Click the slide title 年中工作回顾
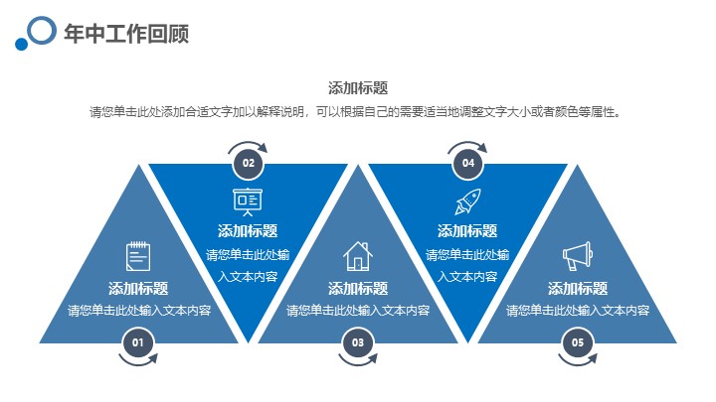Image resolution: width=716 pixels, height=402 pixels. point(126,34)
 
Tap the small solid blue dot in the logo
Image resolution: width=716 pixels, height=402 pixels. point(22,44)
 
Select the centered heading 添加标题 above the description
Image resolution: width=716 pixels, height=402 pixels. point(358,88)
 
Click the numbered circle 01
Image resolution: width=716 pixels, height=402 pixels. point(138,342)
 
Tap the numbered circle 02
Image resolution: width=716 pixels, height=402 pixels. point(249,163)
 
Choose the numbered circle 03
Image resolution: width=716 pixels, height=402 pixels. point(358,342)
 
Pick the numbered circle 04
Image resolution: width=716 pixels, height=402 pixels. point(468,163)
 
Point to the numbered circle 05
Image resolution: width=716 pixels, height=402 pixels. point(578,342)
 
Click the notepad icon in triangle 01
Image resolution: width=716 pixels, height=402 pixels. point(138,256)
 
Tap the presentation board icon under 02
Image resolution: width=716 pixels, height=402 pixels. point(248,201)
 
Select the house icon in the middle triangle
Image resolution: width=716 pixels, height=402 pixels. point(358,256)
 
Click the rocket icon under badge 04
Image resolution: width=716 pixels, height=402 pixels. point(468,201)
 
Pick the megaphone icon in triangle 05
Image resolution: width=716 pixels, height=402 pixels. point(578,256)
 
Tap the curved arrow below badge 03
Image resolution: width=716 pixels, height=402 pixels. point(357,363)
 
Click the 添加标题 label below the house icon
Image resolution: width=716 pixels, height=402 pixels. point(358,289)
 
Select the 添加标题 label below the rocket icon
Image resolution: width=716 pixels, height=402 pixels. point(467,231)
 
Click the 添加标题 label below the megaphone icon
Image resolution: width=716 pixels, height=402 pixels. point(578,289)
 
